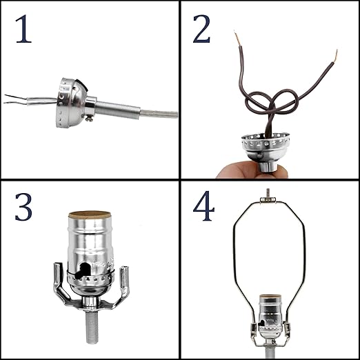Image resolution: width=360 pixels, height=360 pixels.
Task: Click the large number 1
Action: click(x=23, y=29)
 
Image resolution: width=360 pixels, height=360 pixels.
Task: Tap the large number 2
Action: click(x=201, y=29)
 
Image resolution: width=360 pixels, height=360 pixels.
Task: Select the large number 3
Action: click(x=23, y=207)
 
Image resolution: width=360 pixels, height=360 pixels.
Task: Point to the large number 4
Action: click(x=203, y=207)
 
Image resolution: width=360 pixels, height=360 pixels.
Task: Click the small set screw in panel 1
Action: click(x=89, y=118)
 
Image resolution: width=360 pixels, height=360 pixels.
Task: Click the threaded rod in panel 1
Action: click(x=118, y=109)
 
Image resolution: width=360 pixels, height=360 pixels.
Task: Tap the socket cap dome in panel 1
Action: click(x=72, y=103)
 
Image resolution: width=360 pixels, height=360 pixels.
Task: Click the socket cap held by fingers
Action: click(x=265, y=150)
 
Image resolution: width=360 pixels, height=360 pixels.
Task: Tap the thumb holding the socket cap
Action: click(x=234, y=170)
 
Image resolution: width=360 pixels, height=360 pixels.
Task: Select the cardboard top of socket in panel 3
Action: click(x=90, y=214)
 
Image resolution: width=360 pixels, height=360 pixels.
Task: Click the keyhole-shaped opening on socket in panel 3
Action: click(x=83, y=271)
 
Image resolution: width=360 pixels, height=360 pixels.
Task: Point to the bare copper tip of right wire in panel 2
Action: click(x=335, y=56)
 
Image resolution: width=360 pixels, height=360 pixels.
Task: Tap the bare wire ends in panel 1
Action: click(x=16, y=99)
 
